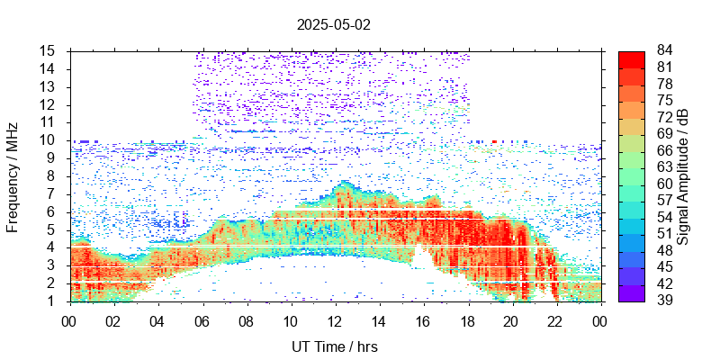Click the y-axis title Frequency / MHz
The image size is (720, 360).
[13, 175]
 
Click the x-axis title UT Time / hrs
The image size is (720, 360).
[334, 346]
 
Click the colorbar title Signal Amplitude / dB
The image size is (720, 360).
[683, 175]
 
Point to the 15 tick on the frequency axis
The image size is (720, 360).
[49, 50]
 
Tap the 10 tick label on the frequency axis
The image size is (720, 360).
[49, 139]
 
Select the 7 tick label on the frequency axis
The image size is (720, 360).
[52, 193]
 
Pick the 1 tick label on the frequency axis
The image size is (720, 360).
[52, 301]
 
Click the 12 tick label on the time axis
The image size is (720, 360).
[335, 319]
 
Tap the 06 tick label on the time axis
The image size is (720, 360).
[202, 319]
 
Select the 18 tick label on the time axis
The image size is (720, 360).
[467, 319]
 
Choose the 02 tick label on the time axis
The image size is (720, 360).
[113, 319]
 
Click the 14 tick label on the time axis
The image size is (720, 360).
[379, 319]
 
